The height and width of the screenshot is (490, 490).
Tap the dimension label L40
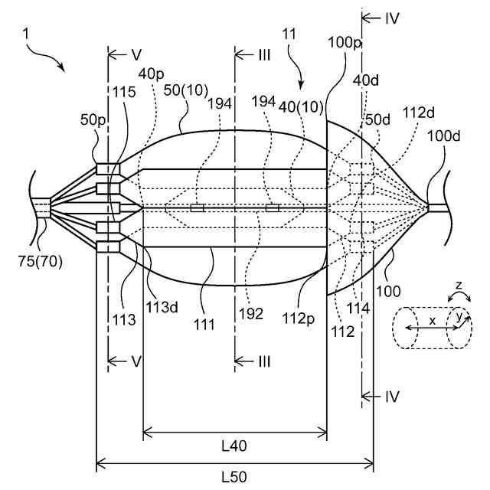tap(234, 444)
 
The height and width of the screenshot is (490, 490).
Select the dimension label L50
tap(234, 476)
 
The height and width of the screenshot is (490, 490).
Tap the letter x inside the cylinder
tap(432, 322)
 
